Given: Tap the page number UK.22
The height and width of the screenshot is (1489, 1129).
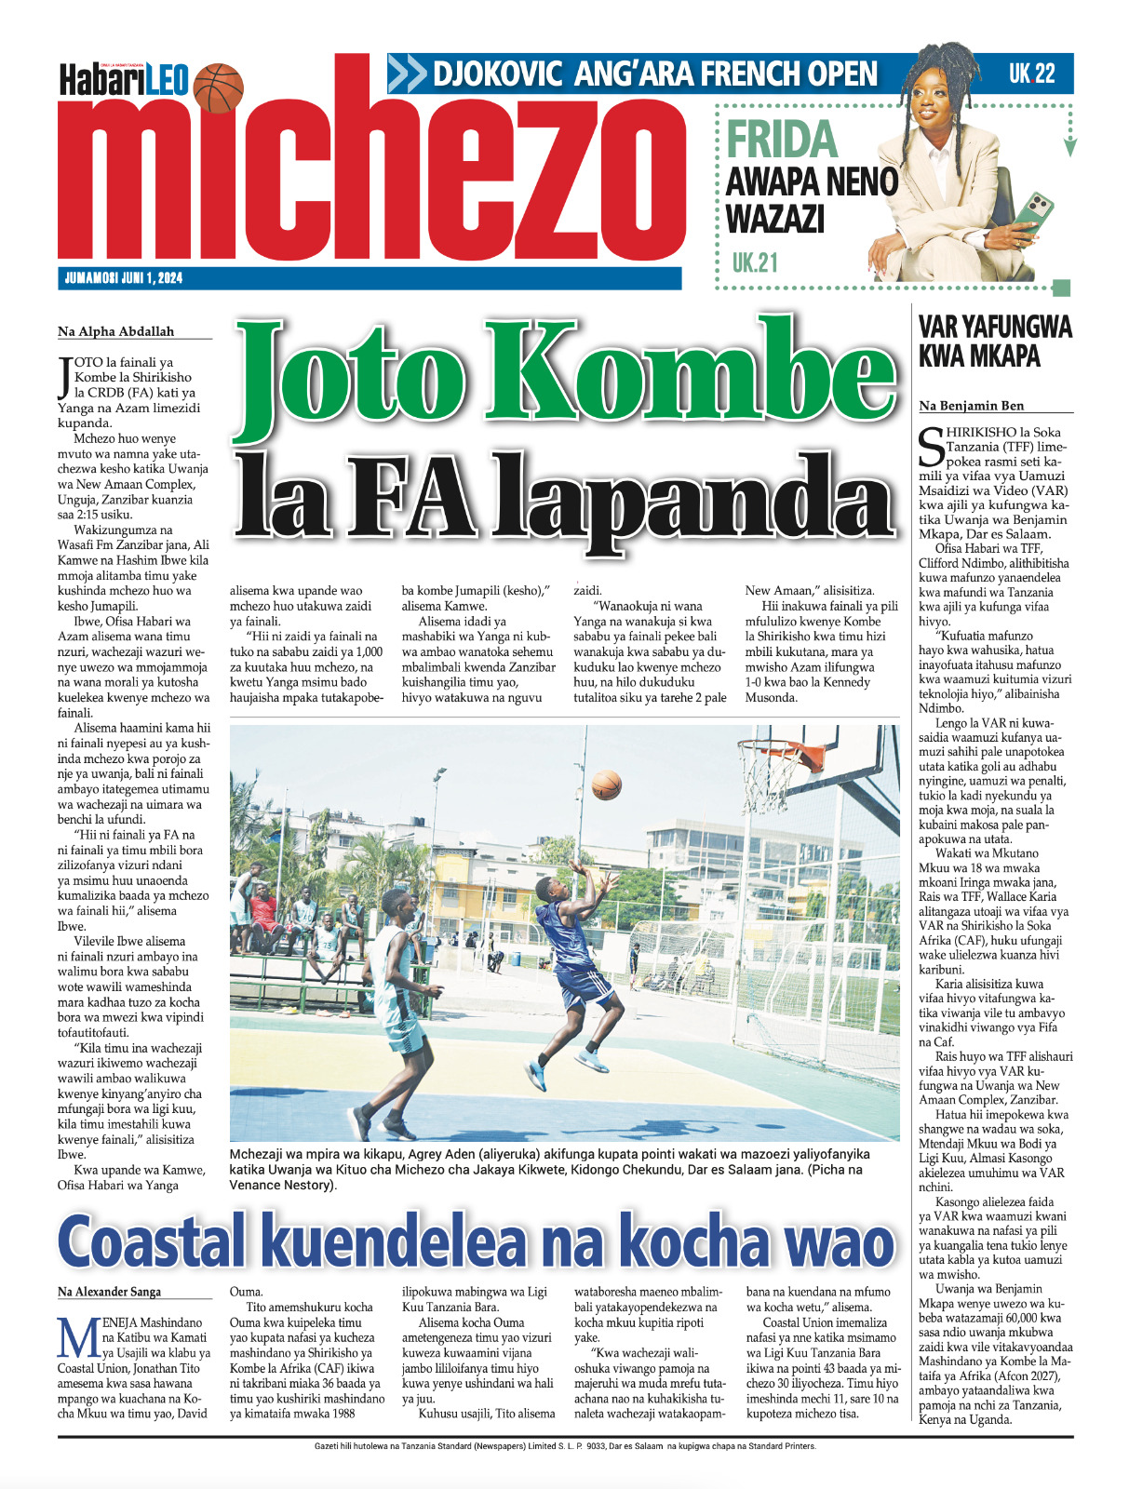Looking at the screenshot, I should pos(1031,74).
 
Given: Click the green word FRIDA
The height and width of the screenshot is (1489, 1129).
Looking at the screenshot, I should pos(782,141).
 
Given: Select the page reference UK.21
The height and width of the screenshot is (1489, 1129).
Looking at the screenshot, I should pos(754,263).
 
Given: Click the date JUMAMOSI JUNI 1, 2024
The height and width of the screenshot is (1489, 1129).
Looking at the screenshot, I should pos(124,278).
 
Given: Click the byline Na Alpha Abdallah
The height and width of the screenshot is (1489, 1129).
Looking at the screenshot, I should pos(115,331).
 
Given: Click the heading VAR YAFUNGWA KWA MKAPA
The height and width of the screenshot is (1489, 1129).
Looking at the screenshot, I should pos(995,342).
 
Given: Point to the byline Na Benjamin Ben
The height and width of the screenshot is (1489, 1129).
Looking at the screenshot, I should pos(971,406).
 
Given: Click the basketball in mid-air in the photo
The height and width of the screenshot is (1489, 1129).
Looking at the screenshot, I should pos(606,785).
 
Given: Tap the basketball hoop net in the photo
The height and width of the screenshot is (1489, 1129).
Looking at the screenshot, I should pos(771,769).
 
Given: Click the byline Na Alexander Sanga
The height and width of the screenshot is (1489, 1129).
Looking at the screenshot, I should pos(109,1292).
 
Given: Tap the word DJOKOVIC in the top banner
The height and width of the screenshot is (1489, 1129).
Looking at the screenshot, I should pos(497,74).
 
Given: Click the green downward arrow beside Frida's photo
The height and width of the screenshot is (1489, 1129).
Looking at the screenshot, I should pos(1070,146).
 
